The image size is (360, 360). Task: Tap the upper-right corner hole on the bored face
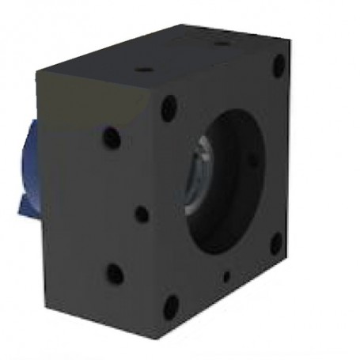279,65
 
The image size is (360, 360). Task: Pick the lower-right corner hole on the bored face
275,243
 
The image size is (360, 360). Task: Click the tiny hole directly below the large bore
227,275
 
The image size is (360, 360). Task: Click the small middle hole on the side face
140,213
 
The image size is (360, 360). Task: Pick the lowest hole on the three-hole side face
116,275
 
